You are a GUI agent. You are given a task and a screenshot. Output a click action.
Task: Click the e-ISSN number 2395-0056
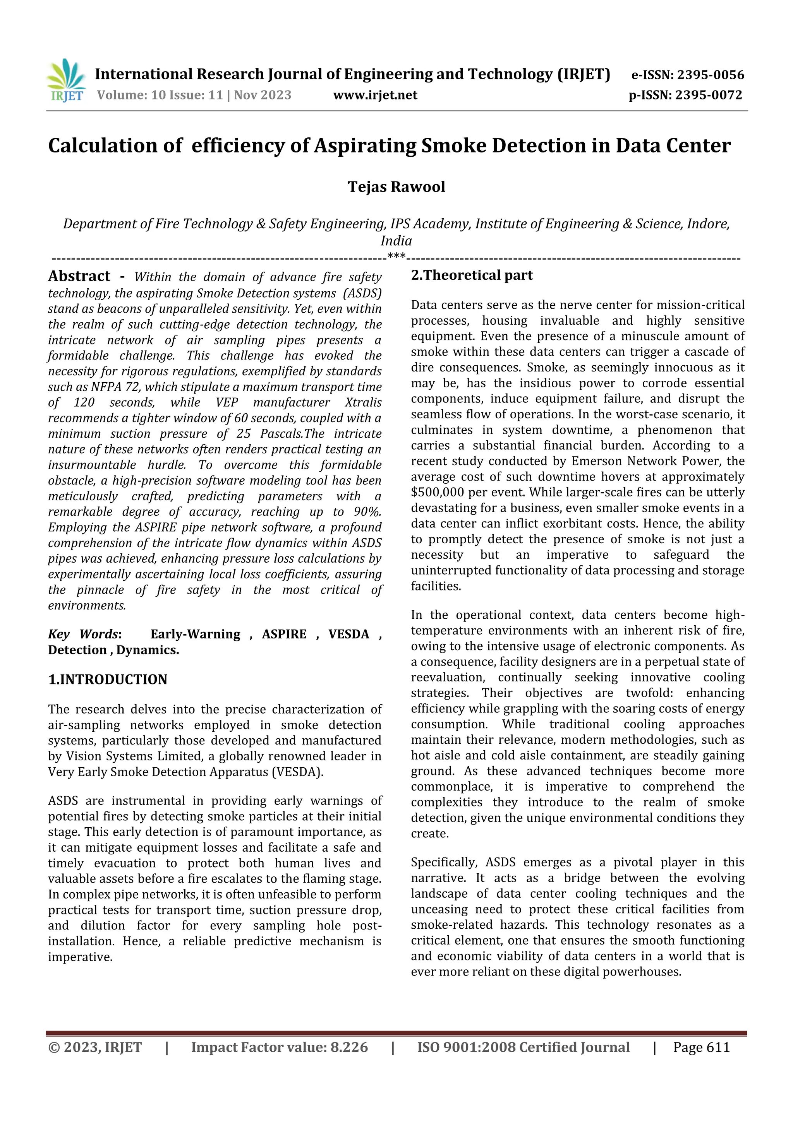(711, 75)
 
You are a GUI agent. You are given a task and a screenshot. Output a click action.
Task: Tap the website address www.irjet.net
(375, 95)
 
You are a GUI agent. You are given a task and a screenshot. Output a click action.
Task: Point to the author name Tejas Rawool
(396, 187)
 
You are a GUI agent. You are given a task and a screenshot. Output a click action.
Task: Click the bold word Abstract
(79, 276)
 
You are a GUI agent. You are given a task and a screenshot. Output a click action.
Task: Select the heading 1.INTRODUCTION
(108, 679)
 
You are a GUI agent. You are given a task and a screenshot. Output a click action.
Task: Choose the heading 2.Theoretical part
(472, 276)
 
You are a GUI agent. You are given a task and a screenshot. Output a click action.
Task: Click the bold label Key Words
(83, 634)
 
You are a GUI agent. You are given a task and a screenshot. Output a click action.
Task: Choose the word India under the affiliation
(396, 241)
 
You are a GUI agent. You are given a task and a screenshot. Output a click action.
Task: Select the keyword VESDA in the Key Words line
(348, 634)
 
